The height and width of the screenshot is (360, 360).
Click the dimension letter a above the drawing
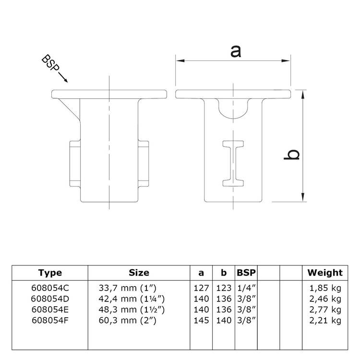point(235,51)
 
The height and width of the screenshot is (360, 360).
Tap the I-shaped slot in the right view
point(234,163)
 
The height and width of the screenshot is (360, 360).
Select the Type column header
point(50,273)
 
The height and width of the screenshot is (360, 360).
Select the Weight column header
point(325,273)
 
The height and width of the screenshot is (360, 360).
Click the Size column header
point(139,273)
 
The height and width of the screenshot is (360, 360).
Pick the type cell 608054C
point(50,288)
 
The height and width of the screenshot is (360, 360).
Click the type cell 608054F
point(50,320)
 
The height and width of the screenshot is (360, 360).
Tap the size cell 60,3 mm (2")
point(130,320)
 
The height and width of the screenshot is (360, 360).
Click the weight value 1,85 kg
point(325,288)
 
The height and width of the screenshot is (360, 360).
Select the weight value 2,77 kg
point(325,310)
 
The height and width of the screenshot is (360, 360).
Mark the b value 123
point(223,288)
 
